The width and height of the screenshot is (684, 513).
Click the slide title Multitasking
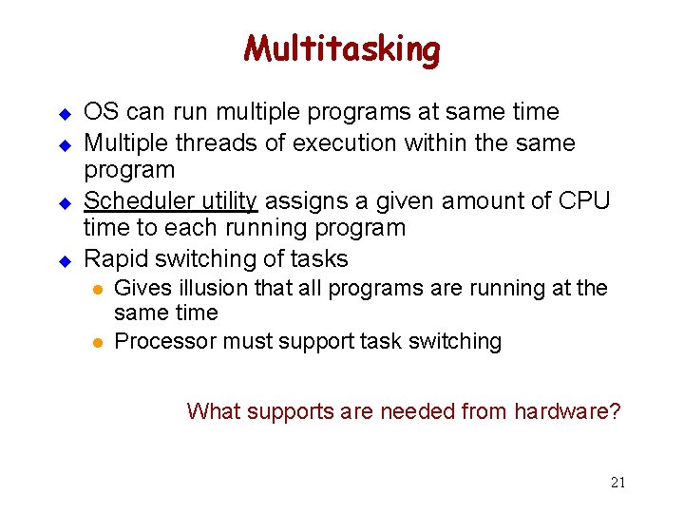pyautogui.click(x=341, y=48)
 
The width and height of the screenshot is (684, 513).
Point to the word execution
pyautogui.click(x=346, y=142)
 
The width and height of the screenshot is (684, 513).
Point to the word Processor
pyautogui.click(x=158, y=341)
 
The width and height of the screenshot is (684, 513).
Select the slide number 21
pyautogui.click(x=617, y=482)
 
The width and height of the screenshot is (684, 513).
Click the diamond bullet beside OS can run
pyautogui.click(x=66, y=114)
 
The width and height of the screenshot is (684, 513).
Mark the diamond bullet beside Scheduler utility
pyautogui.click(x=66, y=202)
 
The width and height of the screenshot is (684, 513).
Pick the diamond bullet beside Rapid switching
pyautogui.click(x=66, y=260)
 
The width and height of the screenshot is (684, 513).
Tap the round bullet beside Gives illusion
pyautogui.click(x=96, y=289)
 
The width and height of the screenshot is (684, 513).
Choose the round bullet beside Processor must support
pyautogui.click(x=96, y=342)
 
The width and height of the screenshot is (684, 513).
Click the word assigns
pyautogui.click(x=299, y=200)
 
